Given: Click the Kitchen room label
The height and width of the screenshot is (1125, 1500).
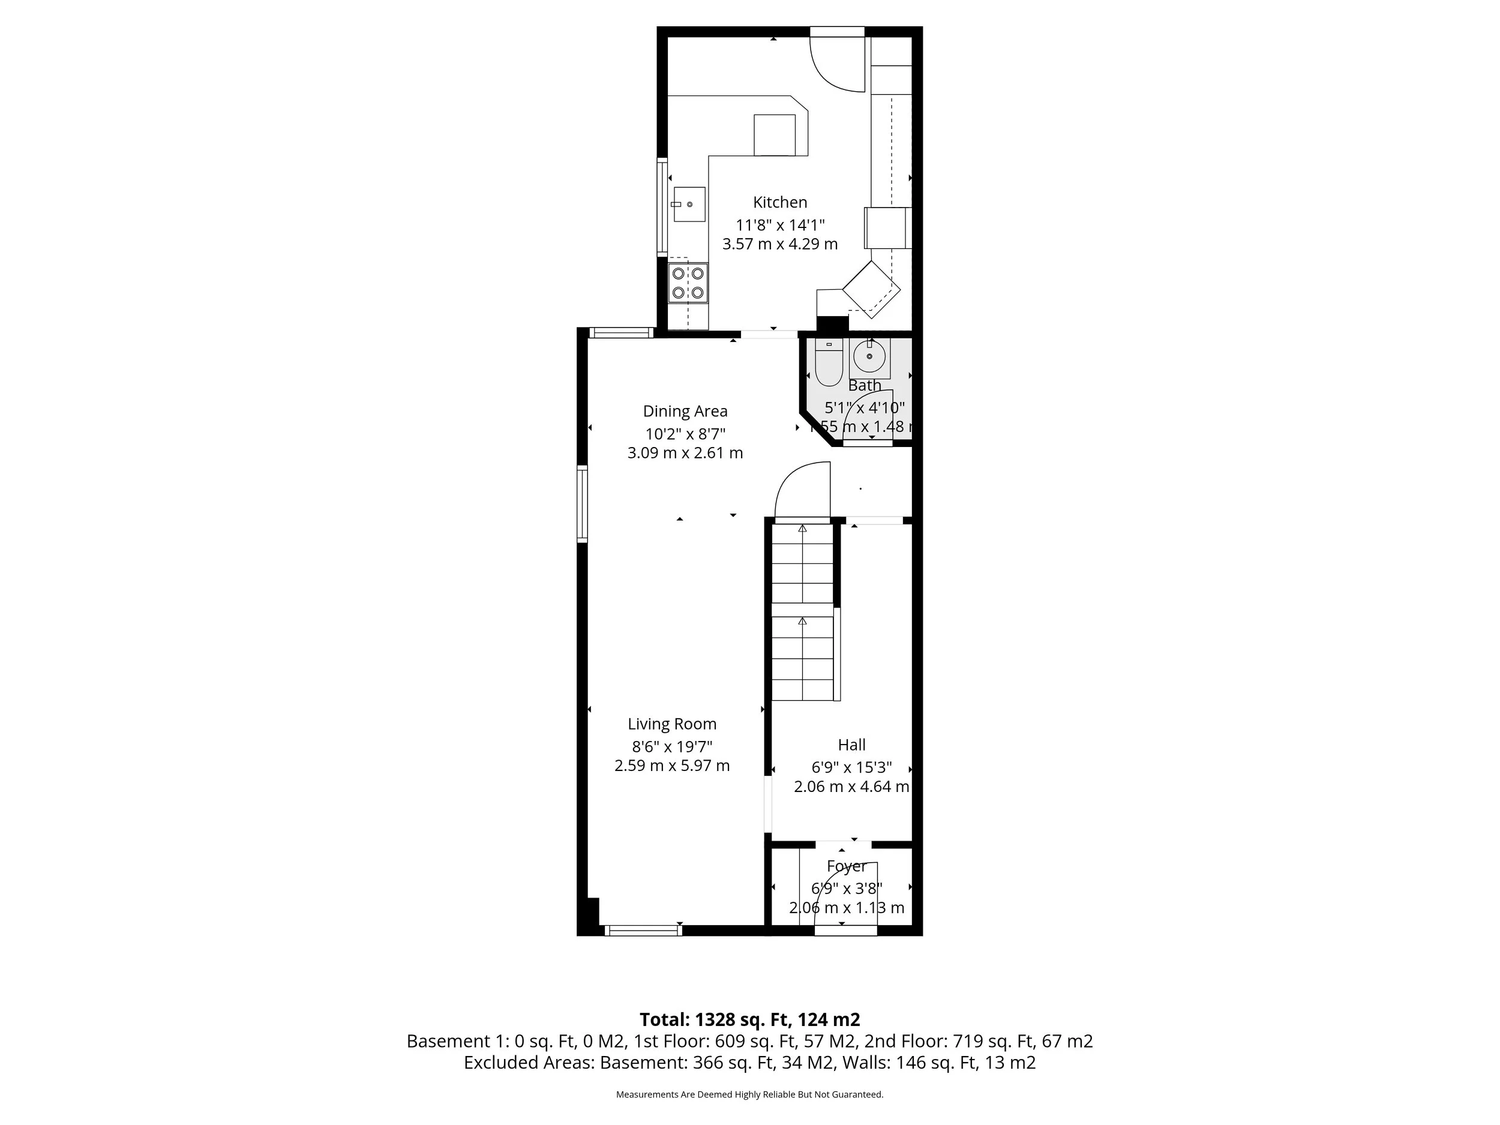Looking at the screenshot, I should [x=780, y=202].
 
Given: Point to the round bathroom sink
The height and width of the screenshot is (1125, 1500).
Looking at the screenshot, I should [x=869, y=356].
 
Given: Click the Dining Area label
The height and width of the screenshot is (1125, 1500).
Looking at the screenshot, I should [x=685, y=411].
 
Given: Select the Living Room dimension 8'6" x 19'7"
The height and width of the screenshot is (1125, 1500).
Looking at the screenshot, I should [x=671, y=746].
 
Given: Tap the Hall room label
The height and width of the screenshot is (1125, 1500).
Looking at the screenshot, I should [x=852, y=745].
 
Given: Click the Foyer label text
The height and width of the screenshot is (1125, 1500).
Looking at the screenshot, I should [x=846, y=866].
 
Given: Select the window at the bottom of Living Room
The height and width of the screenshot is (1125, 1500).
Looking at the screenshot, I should [x=642, y=931].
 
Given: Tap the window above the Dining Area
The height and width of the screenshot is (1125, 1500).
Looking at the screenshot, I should [x=620, y=332].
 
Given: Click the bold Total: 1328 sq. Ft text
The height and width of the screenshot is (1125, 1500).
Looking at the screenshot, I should [x=749, y=1020].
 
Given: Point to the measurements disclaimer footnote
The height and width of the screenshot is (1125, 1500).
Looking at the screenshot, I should [x=749, y=1094].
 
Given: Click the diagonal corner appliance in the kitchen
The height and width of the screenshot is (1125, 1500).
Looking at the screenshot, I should [x=871, y=289].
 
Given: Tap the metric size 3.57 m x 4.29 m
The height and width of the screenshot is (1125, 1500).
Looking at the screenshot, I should [x=780, y=244].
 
